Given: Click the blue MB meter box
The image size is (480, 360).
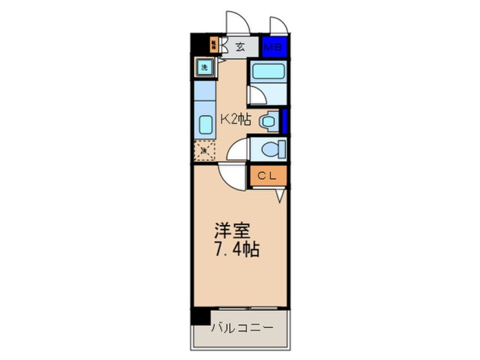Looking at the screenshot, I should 275,47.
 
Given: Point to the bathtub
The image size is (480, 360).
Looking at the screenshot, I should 267,72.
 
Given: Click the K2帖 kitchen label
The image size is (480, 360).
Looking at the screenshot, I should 235,120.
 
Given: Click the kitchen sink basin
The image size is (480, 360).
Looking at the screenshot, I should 204,123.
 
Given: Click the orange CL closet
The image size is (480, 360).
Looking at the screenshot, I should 267,176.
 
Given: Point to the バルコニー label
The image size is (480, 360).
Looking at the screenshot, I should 242,328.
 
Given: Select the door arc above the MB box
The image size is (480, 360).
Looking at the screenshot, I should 277,26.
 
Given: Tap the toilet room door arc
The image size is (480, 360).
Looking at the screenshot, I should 237,150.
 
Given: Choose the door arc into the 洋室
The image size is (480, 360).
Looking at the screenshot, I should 231,176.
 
